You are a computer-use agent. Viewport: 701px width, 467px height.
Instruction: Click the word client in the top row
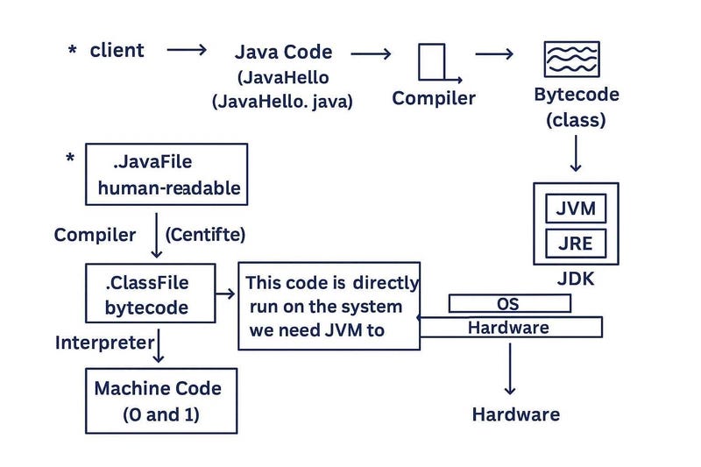pos(117,50)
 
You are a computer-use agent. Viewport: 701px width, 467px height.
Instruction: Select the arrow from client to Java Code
pos(187,51)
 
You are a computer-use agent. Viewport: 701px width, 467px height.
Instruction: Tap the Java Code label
pos(283,52)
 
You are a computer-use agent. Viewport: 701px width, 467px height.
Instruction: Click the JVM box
pos(575,209)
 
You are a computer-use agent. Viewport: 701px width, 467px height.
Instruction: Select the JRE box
pos(575,243)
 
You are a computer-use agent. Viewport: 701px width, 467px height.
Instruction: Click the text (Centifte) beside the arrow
pos(205,235)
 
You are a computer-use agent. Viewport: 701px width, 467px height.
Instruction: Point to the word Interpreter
pos(104,342)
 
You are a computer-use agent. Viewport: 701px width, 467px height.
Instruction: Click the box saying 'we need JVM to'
pos(329,306)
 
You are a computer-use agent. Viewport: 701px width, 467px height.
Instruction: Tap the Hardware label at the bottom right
pos(515,414)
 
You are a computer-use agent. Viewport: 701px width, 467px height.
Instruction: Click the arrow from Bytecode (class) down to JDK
pos(575,154)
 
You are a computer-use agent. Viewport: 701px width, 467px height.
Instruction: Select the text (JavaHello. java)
pos(282,102)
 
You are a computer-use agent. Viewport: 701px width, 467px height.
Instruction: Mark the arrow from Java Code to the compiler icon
pos(370,53)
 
